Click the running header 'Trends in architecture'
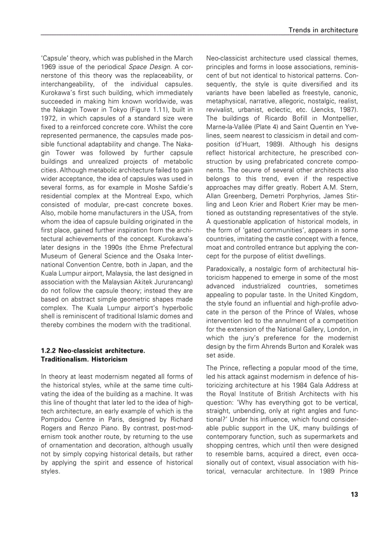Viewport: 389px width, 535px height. pyautogui.click(x=323, y=30)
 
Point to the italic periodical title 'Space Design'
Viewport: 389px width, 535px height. pyautogui.click(x=145, y=66)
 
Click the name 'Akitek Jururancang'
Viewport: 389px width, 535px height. pyautogui.click(x=162, y=282)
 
